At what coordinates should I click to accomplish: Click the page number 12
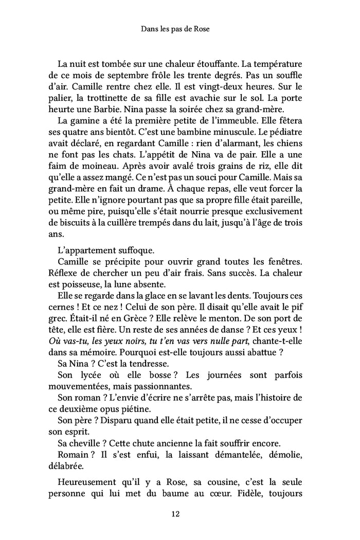click(179, 513)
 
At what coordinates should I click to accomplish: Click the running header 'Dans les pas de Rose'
click(179, 30)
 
